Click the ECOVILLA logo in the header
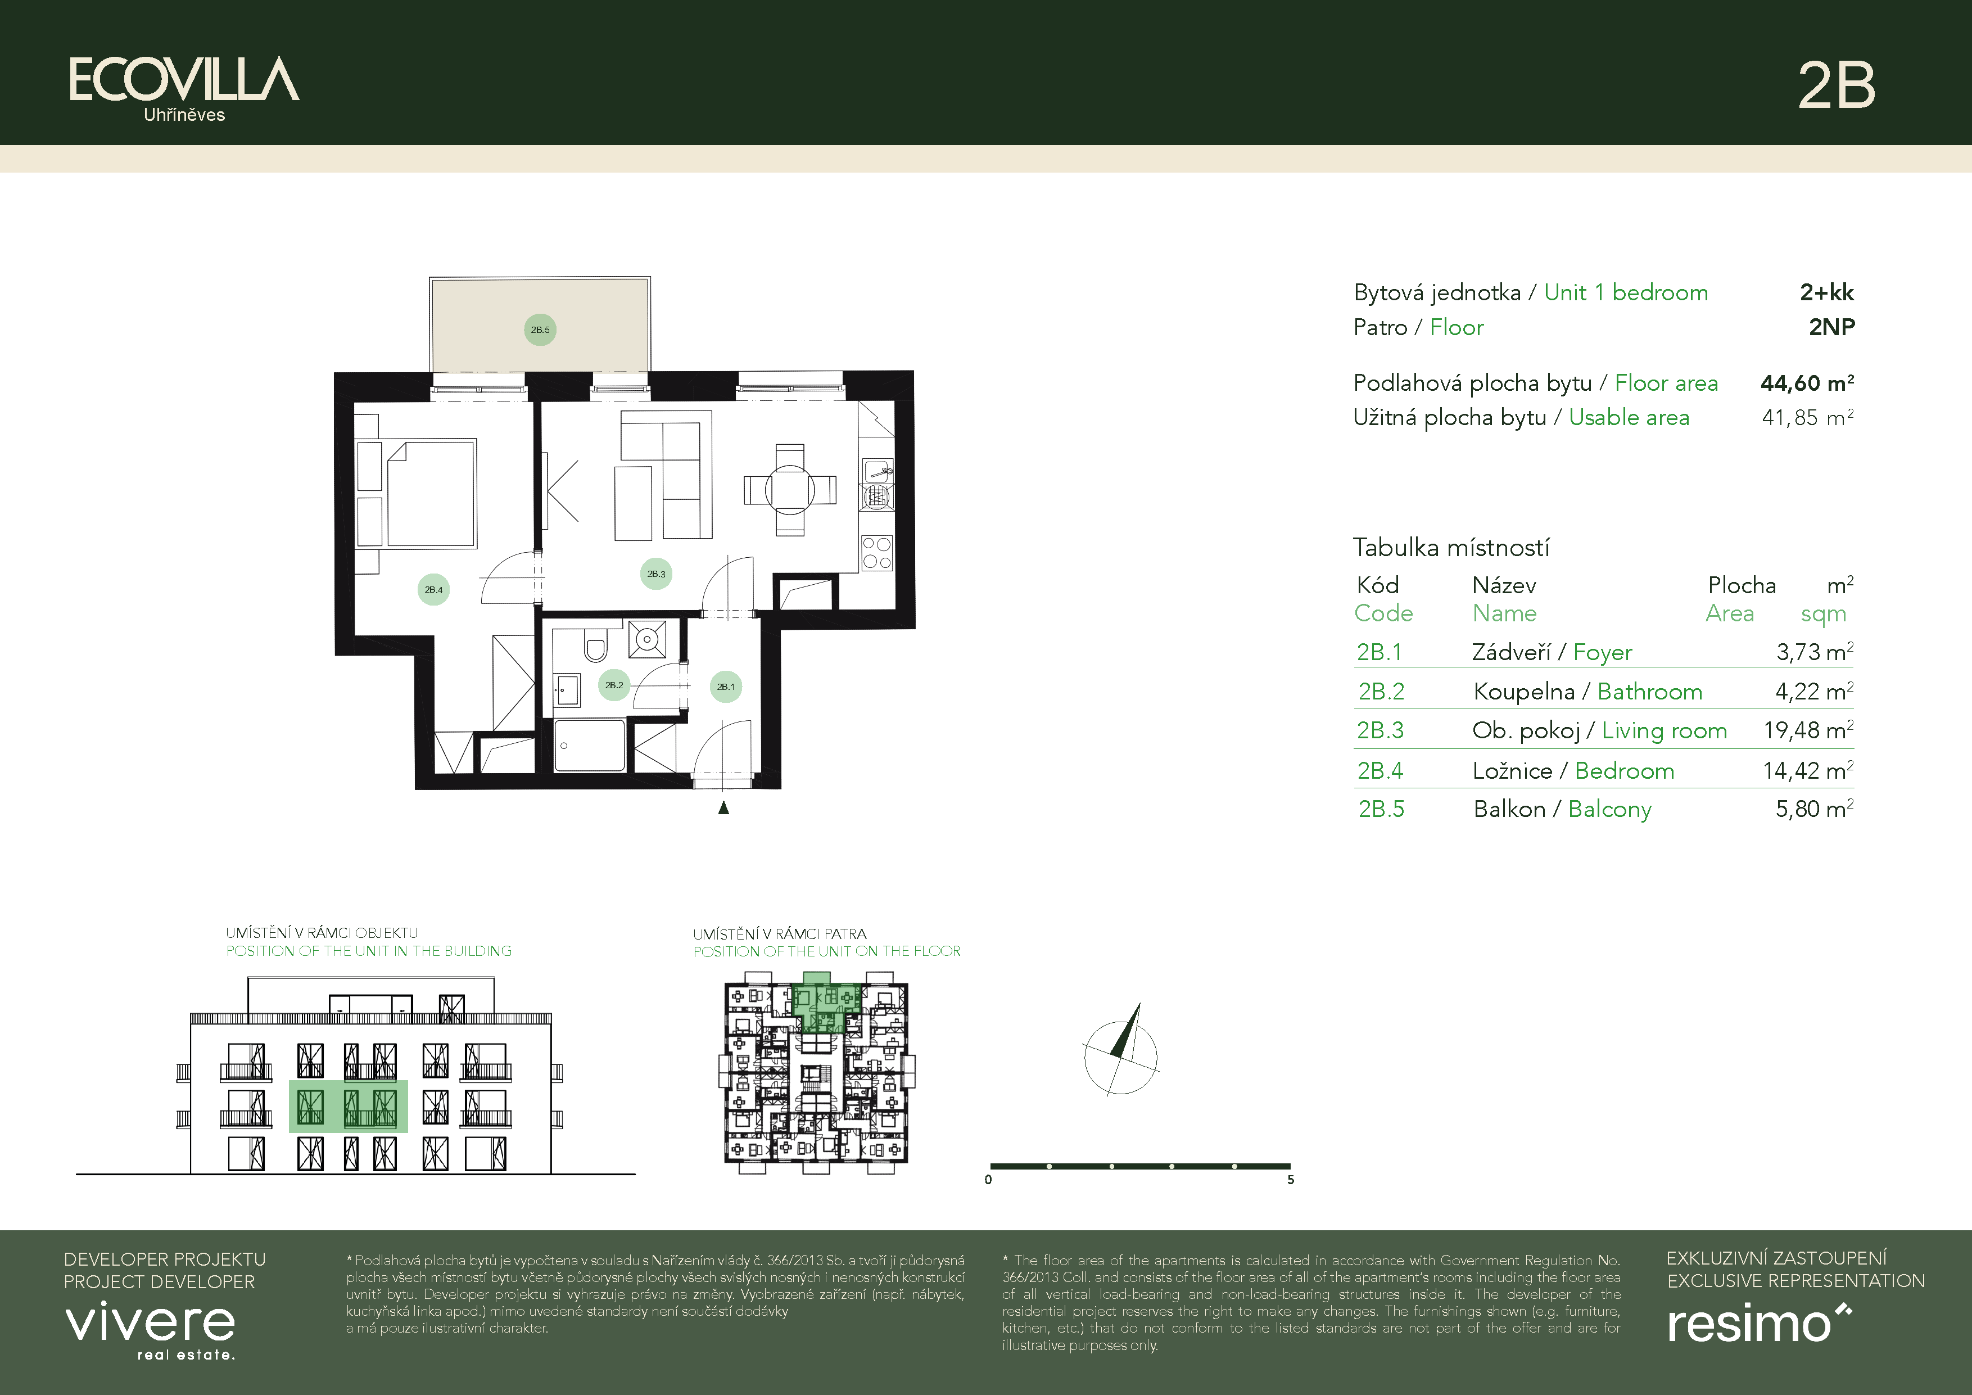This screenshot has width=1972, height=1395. click(x=184, y=82)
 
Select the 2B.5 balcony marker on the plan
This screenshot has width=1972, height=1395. click(x=540, y=330)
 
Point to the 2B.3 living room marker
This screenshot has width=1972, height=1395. click(x=656, y=574)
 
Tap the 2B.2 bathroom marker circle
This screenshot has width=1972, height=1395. click(x=613, y=685)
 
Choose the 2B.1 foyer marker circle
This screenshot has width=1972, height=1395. click(x=726, y=687)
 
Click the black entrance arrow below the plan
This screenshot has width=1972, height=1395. click(x=723, y=807)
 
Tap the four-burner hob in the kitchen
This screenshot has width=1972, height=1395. click(x=876, y=553)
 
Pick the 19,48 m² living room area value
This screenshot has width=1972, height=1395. click(x=1807, y=730)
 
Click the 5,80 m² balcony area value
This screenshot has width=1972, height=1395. click(x=1813, y=809)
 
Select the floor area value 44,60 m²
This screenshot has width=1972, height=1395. click(x=1806, y=383)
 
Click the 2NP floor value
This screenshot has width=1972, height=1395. click(x=1831, y=327)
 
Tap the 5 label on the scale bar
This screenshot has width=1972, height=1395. click(x=1290, y=1180)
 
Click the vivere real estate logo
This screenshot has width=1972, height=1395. click(x=150, y=1328)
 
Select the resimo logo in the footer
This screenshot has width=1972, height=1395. click(x=1757, y=1324)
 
